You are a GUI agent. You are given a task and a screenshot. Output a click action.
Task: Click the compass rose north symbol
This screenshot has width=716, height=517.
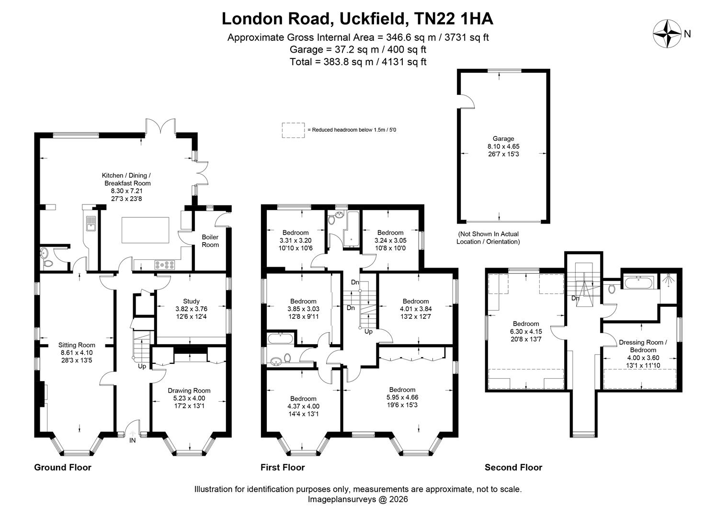point(668,34)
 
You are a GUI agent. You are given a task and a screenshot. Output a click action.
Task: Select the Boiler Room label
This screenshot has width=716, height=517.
point(210,241)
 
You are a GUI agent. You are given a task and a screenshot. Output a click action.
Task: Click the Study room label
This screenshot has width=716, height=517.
point(191,301)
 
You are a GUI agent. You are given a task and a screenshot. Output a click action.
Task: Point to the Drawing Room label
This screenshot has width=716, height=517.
point(189,391)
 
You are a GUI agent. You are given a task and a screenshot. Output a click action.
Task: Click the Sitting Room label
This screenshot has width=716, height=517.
point(77,345)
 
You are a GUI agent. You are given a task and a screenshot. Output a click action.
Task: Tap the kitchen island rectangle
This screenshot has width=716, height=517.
point(146,230)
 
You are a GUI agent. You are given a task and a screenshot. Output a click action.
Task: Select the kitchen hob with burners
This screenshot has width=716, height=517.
point(164,264)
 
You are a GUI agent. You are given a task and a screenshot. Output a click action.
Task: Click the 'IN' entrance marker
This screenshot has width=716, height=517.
point(132,440)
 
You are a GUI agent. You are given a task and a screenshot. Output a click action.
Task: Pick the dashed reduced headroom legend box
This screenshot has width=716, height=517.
point(293,130)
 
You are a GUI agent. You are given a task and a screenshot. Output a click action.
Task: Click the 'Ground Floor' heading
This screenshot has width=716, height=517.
point(62,467)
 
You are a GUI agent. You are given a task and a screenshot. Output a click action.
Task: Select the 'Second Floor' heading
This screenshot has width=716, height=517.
point(513,467)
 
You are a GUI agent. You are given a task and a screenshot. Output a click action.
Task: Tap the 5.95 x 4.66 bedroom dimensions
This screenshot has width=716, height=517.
point(402,397)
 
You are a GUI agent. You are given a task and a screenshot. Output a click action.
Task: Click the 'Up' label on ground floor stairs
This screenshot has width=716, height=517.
point(142,366)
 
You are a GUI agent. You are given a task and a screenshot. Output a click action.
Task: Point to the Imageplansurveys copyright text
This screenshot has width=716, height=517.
point(358,499)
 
